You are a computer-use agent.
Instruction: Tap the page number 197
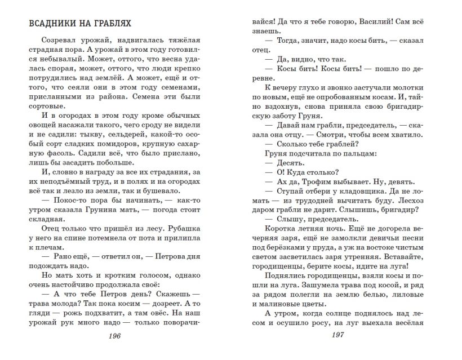tap(338, 336)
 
